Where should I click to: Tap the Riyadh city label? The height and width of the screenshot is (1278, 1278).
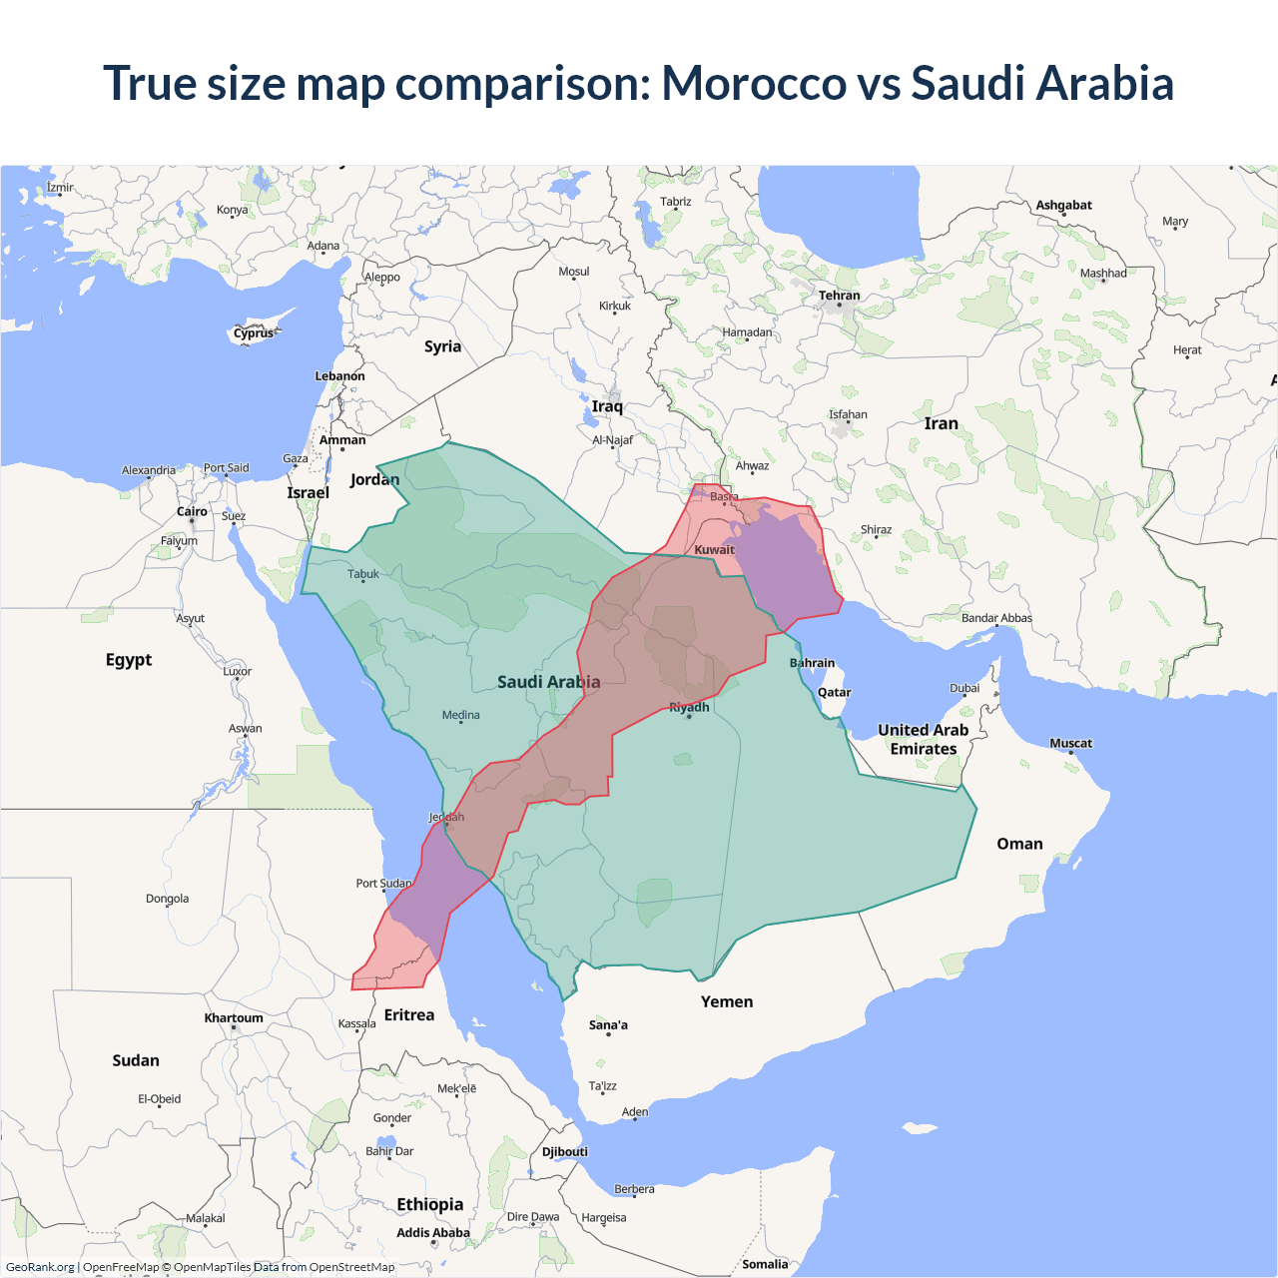(x=689, y=707)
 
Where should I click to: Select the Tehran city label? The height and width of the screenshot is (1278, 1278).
(x=839, y=296)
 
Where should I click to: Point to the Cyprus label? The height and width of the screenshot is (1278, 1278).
(x=254, y=333)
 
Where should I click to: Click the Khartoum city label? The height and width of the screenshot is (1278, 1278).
(x=234, y=1018)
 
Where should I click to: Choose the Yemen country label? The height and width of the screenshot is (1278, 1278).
(x=727, y=1001)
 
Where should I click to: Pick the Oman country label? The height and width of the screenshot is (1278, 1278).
(x=1019, y=844)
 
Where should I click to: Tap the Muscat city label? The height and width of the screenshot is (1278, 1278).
(x=1070, y=743)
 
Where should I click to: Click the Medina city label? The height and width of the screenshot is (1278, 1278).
(x=460, y=715)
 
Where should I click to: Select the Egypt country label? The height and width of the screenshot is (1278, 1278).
(x=129, y=660)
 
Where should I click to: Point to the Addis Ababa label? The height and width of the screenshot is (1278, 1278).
(x=432, y=1233)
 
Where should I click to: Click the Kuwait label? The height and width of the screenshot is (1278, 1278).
(x=714, y=549)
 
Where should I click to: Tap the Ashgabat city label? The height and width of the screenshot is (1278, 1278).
(x=1063, y=205)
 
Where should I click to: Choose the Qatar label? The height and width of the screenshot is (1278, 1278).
(x=834, y=692)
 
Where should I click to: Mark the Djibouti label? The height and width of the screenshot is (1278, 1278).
(x=565, y=1151)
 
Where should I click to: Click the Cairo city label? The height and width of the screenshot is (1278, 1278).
(x=192, y=511)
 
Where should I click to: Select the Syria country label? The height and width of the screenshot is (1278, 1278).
(x=442, y=346)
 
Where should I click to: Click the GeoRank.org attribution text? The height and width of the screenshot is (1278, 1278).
(x=40, y=1267)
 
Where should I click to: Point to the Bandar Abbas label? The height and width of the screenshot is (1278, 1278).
(x=996, y=618)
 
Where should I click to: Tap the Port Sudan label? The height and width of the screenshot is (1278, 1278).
(x=383, y=883)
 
